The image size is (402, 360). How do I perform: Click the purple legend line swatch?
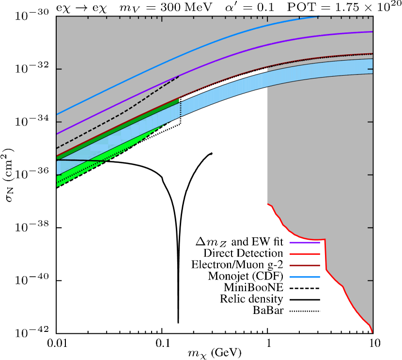[x=305, y=243]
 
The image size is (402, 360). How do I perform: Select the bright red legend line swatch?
[x=305, y=254]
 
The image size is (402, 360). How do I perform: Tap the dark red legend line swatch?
[x=305, y=266]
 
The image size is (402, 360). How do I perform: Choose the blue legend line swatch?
[x=305, y=277]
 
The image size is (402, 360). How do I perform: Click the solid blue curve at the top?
[x=194, y=50]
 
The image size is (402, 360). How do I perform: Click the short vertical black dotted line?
[x=181, y=108]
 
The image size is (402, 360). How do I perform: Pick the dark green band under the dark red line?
[x=121, y=126]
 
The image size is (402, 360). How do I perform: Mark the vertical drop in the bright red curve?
[x=325, y=254]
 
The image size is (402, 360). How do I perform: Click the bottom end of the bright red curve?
[x=372, y=332]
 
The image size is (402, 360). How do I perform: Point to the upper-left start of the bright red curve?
[x=268, y=204]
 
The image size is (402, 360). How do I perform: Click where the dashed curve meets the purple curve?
[x=179, y=76]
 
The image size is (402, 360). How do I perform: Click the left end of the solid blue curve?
[x=57, y=114]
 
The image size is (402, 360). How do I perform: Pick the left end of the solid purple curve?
[x=57, y=134]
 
